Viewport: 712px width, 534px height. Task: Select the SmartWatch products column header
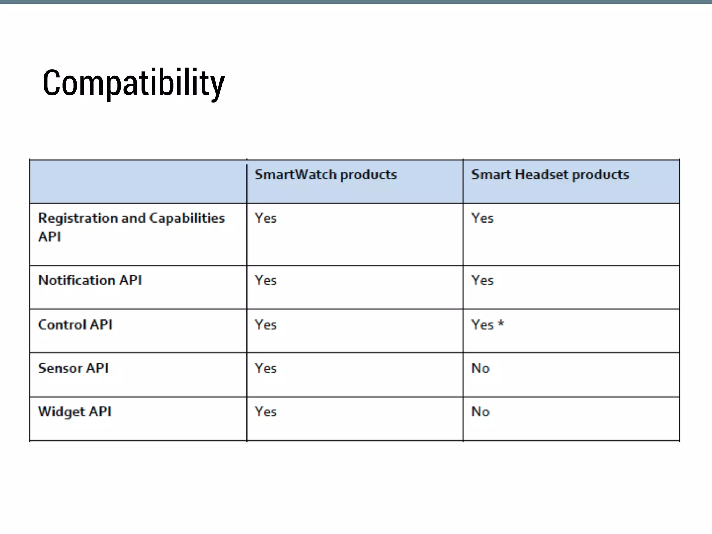coord(325,175)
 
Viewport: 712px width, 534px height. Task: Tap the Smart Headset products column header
coord(550,175)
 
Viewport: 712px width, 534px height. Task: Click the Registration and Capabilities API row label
coord(131,227)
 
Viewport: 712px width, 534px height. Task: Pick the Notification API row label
coord(90,280)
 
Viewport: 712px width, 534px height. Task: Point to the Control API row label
coord(75,325)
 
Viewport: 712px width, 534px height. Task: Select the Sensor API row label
coord(73,368)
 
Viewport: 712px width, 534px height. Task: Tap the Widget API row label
coord(75,412)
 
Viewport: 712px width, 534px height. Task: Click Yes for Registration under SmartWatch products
coord(266,218)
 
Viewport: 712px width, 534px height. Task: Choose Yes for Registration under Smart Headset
coord(482,218)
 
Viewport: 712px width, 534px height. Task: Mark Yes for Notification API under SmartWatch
coord(266,280)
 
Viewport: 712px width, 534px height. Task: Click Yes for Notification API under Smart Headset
coord(482,280)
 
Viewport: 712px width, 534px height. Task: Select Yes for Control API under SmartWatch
coord(266,325)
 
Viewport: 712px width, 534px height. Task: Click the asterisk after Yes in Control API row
coord(501,323)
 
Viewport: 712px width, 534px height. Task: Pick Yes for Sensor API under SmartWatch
coord(266,368)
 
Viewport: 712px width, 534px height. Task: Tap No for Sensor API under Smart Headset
coord(480,368)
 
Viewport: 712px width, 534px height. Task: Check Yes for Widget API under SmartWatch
coord(266,412)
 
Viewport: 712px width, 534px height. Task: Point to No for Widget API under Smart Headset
coord(480,412)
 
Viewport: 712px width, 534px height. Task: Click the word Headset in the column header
coord(541,175)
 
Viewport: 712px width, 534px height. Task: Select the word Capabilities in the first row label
coord(187,218)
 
